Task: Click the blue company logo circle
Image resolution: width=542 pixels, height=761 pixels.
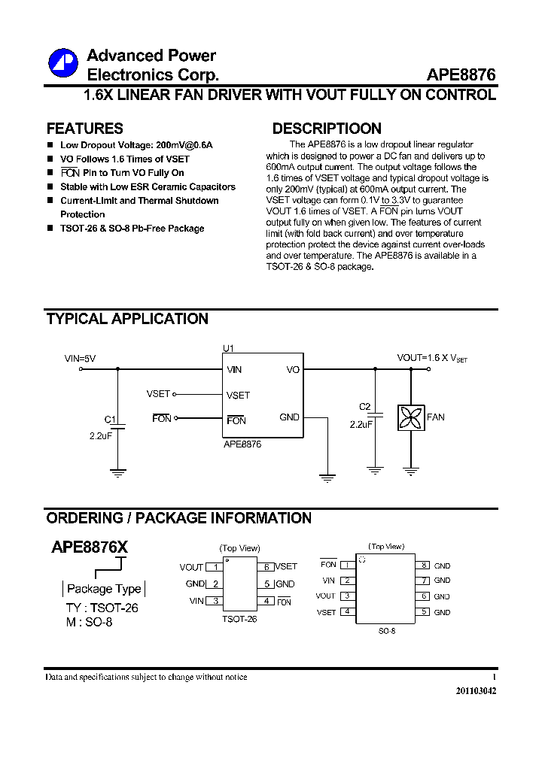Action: coord(63,63)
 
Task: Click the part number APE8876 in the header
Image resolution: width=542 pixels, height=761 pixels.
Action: coord(461,75)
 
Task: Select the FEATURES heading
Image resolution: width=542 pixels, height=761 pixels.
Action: coord(84,129)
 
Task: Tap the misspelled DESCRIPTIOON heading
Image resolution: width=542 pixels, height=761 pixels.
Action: coord(327,129)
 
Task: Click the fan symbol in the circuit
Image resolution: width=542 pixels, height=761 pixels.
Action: coord(411,417)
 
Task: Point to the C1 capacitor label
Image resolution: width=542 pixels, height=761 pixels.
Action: coord(110,420)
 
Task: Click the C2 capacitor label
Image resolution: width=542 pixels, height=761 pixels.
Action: coord(365,407)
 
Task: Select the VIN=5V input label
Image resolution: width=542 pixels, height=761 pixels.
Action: coord(80,359)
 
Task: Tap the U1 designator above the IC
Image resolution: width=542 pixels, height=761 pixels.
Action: coord(228,348)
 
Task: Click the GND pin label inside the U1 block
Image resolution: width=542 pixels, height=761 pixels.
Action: coord(289,417)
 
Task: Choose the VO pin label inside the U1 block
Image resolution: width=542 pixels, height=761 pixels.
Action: coord(293,370)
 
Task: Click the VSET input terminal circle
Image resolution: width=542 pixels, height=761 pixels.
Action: coord(175,393)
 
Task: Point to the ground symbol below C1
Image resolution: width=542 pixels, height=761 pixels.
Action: coord(117,473)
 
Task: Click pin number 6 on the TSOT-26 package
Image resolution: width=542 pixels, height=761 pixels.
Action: coord(267,567)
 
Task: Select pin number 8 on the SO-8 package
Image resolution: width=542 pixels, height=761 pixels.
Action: coord(424,565)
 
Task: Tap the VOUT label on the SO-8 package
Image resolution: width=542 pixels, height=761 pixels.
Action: coord(325,596)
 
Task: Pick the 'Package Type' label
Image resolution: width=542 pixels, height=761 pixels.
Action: coord(104,589)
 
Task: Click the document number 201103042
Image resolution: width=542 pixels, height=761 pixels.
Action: coord(476,690)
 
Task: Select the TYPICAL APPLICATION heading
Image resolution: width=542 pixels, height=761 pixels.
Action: coord(127,319)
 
